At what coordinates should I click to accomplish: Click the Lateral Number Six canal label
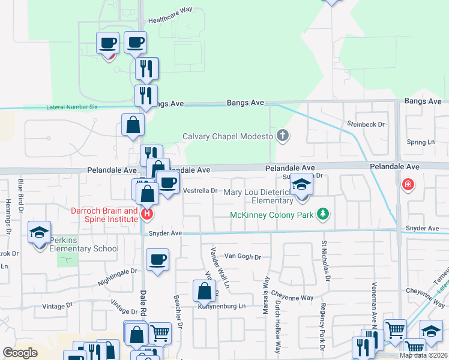coord(71,107)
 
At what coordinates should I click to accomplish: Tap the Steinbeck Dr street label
coord(365,124)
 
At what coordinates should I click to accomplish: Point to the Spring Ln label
coord(420,142)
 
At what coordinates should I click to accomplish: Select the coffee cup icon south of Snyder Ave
coord(157,260)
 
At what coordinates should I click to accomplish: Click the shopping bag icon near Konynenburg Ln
coord(204,292)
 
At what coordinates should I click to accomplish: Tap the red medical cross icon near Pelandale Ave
coord(408,184)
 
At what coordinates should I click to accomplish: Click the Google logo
coord(20,353)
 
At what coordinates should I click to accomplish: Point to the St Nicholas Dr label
coord(326,261)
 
